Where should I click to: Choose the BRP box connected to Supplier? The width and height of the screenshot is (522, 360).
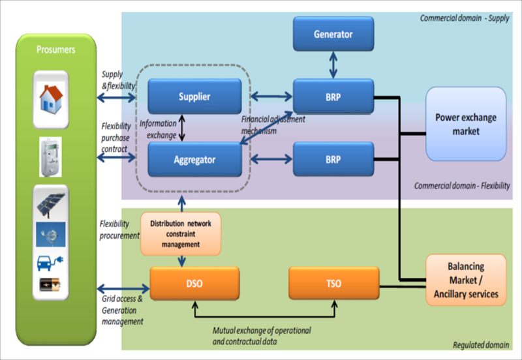click(x=333, y=96)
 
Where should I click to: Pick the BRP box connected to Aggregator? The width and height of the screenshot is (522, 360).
click(x=333, y=158)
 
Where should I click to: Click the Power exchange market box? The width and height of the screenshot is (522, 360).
click(x=465, y=124)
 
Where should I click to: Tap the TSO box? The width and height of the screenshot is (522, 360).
click(x=333, y=284)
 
